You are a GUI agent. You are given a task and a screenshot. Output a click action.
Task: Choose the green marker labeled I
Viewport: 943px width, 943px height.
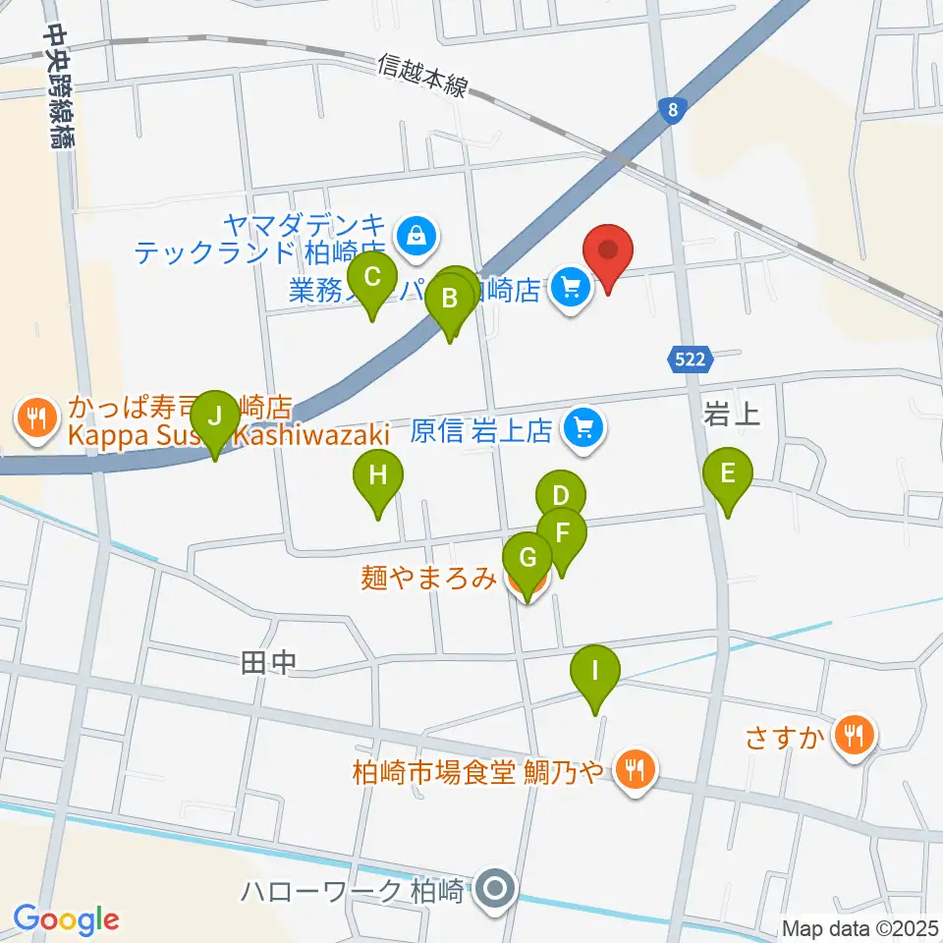click(x=594, y=676)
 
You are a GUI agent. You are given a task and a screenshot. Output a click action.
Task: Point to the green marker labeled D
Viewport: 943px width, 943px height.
click(x=560, y=493)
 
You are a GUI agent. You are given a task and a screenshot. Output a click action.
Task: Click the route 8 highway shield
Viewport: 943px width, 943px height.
click(x=672, y=110)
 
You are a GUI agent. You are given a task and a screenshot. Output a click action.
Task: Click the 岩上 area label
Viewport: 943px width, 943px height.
click(x=732, y=415)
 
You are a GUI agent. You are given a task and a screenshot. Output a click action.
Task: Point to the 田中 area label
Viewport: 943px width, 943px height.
click(x=267, y=665)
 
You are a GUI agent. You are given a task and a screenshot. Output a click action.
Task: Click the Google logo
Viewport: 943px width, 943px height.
click(x=66, y=918)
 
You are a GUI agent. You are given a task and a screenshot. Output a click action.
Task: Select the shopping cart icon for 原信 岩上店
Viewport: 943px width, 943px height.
click(x=583, y=430)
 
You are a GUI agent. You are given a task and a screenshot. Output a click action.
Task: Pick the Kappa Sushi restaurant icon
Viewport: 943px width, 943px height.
click(x=36, y=416)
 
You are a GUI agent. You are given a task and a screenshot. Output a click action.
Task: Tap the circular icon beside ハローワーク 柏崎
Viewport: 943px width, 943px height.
click(x=495, y=892)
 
